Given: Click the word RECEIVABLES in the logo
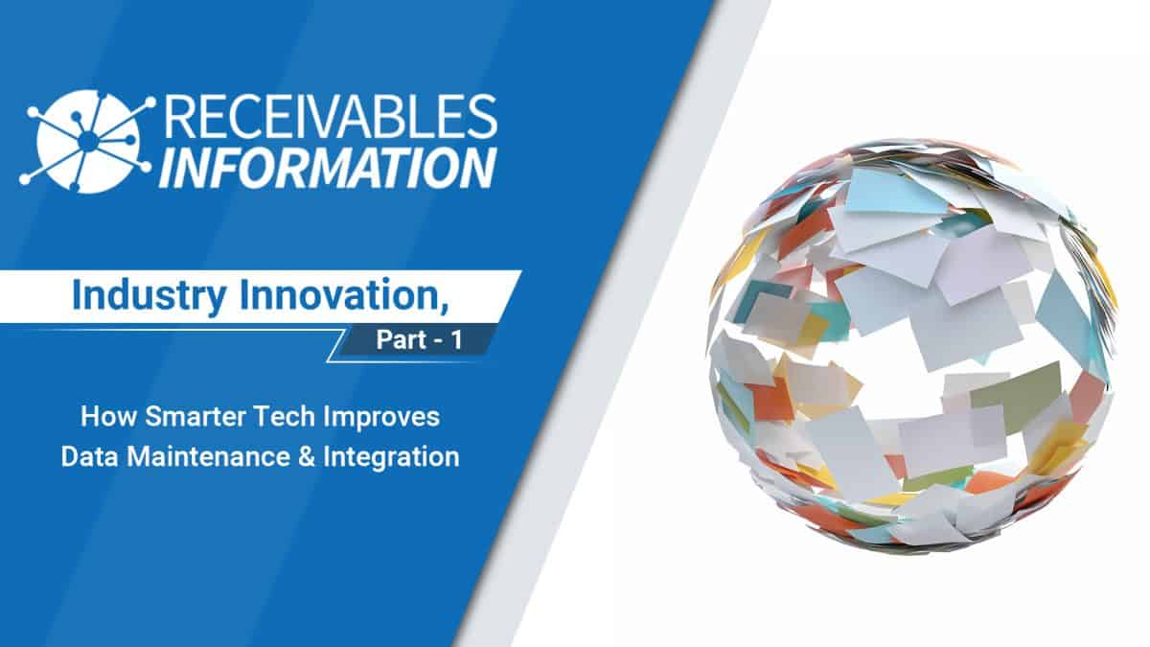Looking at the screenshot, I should coord(331,118).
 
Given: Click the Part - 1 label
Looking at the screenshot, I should coord(418,342).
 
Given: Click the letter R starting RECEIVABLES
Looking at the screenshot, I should coord(181,118).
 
